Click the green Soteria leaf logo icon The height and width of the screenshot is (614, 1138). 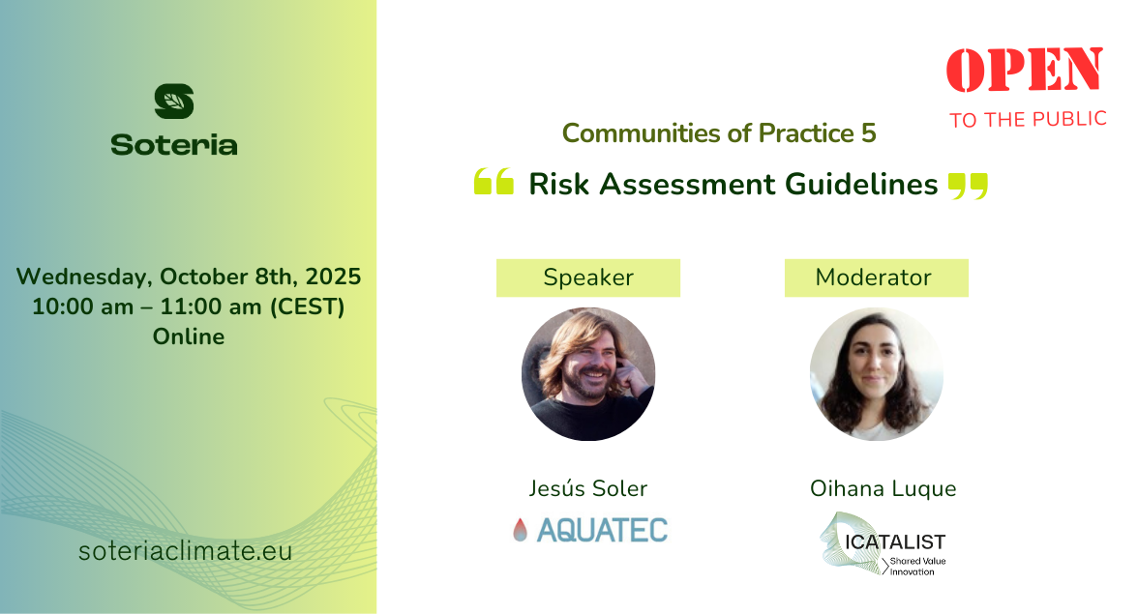point(174,101)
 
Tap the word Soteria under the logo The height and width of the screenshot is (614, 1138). point(174,145)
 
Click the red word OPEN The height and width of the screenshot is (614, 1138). point(1025,70)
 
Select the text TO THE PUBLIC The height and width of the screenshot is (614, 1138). point(1028,120)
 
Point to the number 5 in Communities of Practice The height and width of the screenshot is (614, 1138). point(869,133)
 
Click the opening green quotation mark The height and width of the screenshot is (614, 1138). point(494,181)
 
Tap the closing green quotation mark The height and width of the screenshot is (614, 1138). point(968,186)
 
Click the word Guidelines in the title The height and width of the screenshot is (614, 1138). point(861,184)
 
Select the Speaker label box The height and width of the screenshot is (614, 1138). point(588,278)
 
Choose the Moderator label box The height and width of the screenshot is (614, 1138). point(876,278)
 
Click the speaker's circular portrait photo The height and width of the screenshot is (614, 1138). point(588,374)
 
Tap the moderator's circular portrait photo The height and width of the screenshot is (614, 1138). point(876,374)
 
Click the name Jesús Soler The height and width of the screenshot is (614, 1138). point(588,488)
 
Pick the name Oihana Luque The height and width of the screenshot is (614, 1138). point(883,489)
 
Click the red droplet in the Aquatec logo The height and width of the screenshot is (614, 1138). point(520,530)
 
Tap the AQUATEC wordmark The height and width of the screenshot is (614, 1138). point(602,531)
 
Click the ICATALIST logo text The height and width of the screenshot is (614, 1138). point(895,542)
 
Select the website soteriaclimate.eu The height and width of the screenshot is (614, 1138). point(185,551)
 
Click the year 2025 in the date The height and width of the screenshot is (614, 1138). point(333,277)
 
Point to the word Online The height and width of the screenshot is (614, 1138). point(189,336)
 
